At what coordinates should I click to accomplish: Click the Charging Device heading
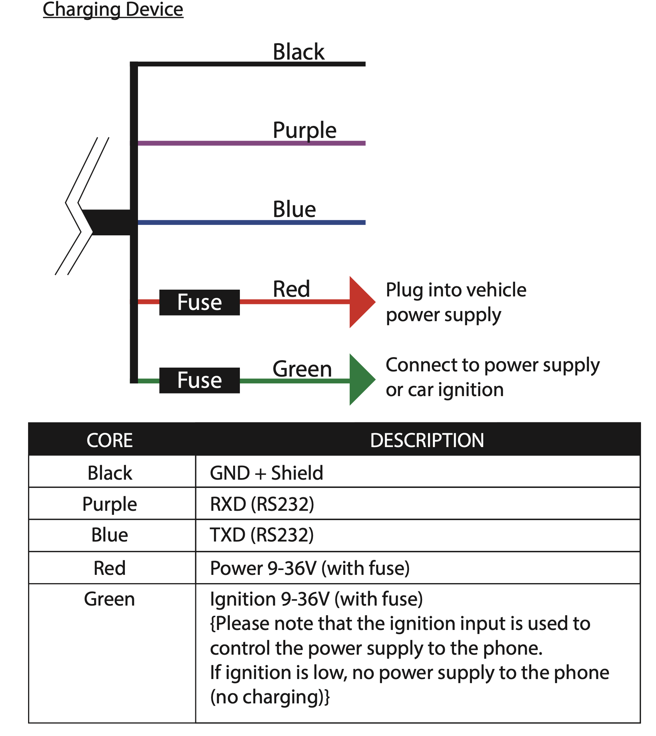[x=113, y=9]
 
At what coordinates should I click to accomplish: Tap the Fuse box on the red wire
[x=199, y=302]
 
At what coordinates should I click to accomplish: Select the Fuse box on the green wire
[x=199, y=380]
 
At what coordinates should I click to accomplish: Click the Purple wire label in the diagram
[x=304, y=130]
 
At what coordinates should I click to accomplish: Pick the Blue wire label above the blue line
[x=294, y=209]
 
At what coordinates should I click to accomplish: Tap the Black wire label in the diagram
[x=298, y=52]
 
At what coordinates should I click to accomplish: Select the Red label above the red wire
[x=291, y=289]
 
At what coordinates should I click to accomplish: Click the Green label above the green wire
[x=302, y=369]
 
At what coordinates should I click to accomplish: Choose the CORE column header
[x=109, y=440]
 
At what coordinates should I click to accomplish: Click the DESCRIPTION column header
[x=427, y=440]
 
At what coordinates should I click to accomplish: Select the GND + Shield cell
[x=267, y=473]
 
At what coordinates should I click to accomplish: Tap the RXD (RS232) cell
[x=262, y=504]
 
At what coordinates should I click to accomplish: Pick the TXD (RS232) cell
[x=262, y=535]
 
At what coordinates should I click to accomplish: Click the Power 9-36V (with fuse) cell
[x=310, y=568]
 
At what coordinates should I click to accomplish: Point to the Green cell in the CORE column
[x=109, y=599]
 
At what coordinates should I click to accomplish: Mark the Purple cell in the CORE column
[x=109, y=504]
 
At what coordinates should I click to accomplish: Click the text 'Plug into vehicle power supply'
[x=456, y=302]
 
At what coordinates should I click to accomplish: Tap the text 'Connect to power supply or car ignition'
[x=493, y=377]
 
